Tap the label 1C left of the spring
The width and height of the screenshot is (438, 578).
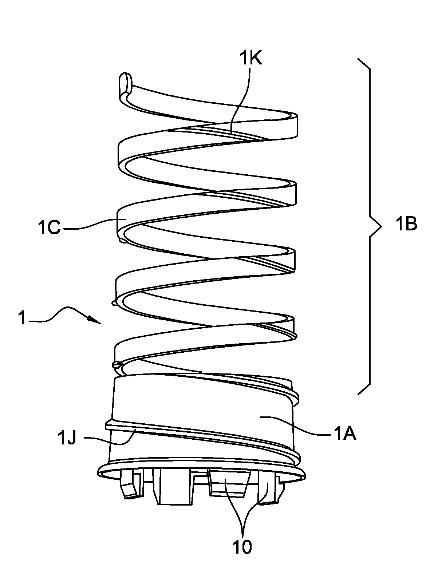click(x=49, y=229)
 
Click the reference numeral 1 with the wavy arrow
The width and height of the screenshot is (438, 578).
click(x=22, y=319)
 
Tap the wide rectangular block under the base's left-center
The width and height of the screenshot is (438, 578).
click(x=173, y=487)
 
